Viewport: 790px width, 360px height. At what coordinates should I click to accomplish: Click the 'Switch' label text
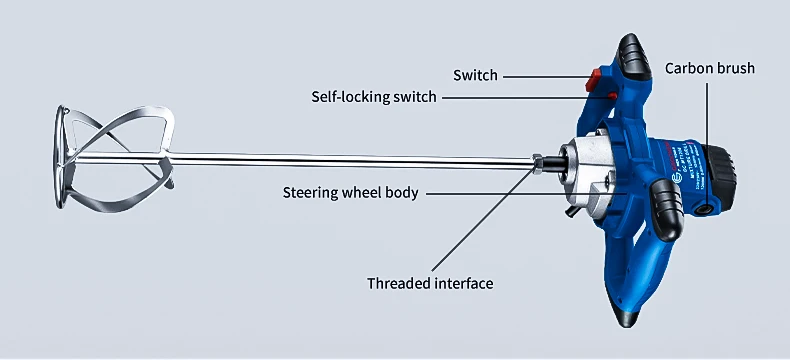point(475,76)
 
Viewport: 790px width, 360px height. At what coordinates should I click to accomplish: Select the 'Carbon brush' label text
point(710,69)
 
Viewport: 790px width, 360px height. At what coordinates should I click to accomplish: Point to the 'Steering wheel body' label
point(350,192)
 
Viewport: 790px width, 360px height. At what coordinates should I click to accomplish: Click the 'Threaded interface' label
point(430,283)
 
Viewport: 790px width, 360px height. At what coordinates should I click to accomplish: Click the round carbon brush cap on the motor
point(708,207)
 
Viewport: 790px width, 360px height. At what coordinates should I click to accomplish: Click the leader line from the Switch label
point(546,76)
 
